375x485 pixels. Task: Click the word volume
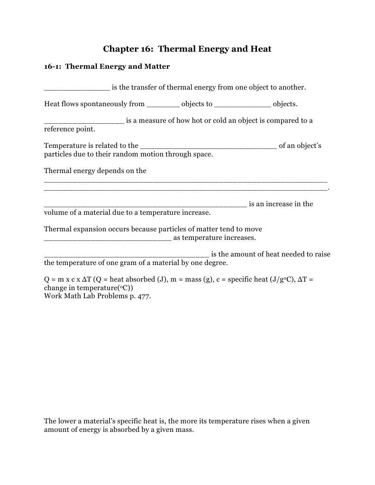56,212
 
